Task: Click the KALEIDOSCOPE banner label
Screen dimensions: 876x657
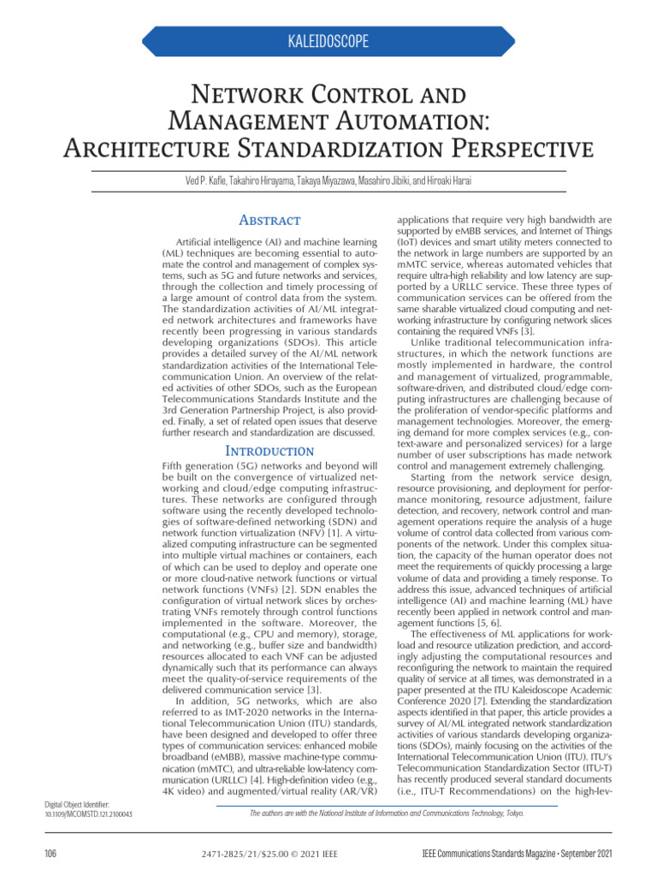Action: tap(329, 41)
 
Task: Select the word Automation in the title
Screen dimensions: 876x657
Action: tap(407, 121)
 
